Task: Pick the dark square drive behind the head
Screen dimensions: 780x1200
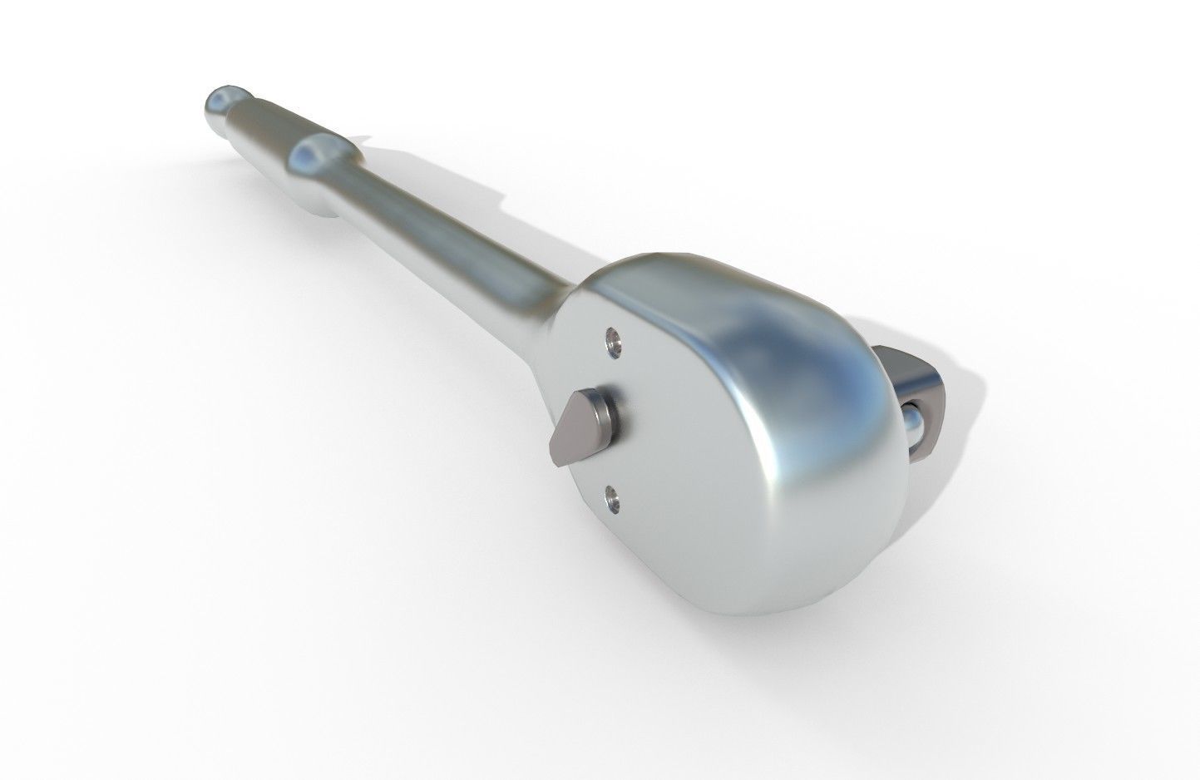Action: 919,399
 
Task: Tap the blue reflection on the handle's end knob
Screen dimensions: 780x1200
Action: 218,101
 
